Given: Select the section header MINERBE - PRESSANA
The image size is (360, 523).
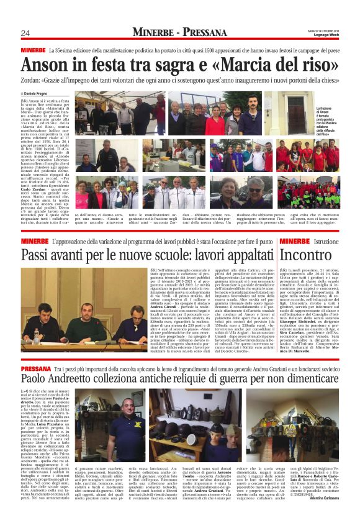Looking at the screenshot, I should (179, 32).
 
